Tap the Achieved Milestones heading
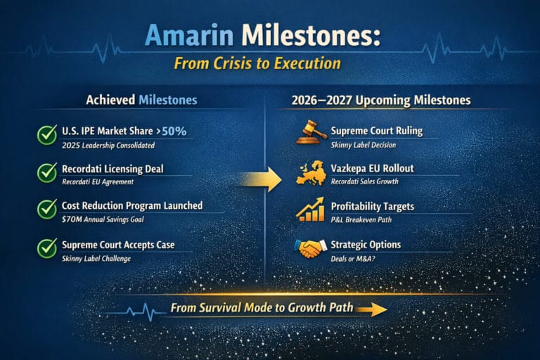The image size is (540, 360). point(141,101)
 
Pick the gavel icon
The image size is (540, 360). point(310,134)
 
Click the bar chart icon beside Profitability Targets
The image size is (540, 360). point(310,210)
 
